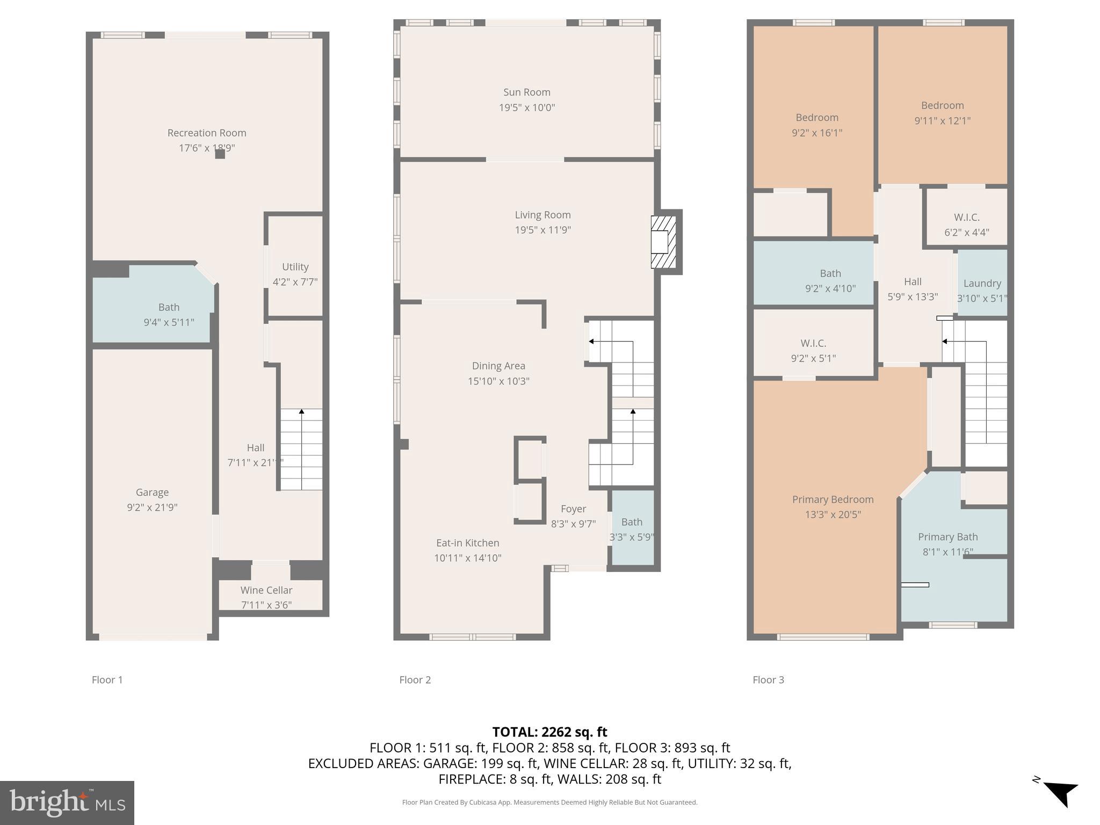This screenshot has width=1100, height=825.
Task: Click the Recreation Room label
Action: [x=207, y=133]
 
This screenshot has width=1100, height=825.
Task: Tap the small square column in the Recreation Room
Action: [x=220, y=154]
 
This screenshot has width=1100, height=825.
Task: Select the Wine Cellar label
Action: [x=266, y=590]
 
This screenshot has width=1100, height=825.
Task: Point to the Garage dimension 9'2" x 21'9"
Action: [x=152, y=507]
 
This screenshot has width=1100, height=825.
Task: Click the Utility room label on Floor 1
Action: [x=295, y=267]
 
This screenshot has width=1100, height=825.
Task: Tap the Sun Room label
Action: [x=526, y=92]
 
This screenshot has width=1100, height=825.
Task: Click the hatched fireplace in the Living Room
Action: [x=663, y=242]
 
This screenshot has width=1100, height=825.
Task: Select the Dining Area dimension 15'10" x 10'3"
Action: [x=498, y=381]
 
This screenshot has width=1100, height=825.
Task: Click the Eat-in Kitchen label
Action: [x=467, y=543]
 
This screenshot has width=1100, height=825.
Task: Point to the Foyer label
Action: [x=573, y=509]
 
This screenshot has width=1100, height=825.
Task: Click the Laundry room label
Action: [x=982, y=283]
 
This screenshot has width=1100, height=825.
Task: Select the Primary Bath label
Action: [x=947, y=537]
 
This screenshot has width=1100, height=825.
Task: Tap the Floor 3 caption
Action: [x=768, y=679]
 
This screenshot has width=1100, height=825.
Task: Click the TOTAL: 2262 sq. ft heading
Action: [x=549, y=732]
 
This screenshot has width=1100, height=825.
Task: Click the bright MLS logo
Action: [x=67, y=802]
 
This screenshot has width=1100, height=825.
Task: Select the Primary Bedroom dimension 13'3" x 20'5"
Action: [x=833, y=515]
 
